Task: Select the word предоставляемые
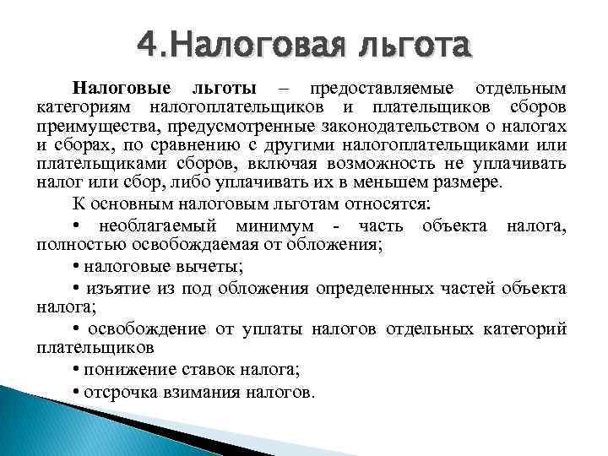click(x=380, y=89)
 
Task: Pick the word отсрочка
click(x=119, y=392)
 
